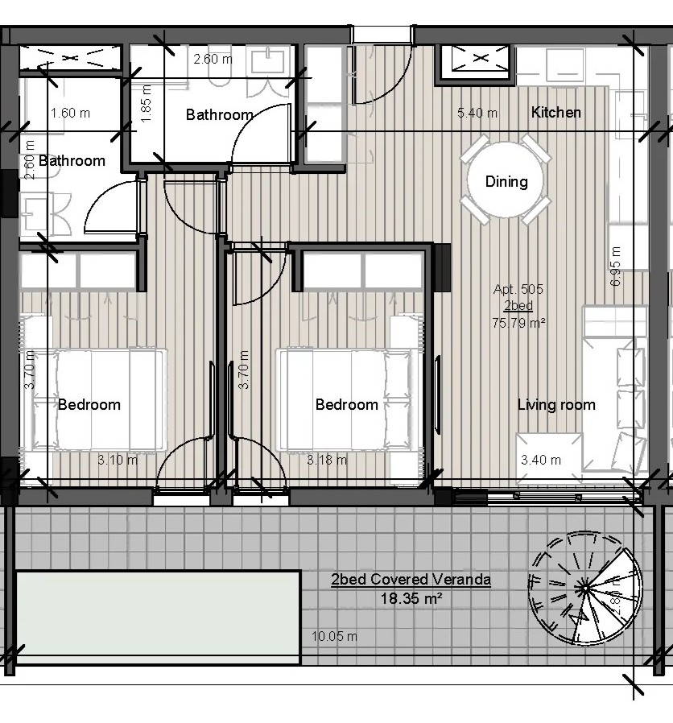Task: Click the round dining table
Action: (506, 180)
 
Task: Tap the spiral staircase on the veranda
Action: (585, 589)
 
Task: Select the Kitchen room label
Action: (556, 112)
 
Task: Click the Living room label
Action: (556, 405)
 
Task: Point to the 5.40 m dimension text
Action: (477, 113)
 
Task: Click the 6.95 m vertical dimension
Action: (615, 266)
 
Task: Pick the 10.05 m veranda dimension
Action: (334, 636)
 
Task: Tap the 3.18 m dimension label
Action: (327, 459)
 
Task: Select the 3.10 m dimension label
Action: (117, 460)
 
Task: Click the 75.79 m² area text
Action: (518, 323)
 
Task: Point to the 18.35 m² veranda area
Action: (411, 598)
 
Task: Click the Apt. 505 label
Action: (518, 289)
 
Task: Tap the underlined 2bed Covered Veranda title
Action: (411, 579)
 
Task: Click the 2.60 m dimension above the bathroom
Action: (213, 59)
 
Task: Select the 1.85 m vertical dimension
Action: (147, 104)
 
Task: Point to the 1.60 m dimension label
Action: (70, 113)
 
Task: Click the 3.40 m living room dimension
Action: (541, 460)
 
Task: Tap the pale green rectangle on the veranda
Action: (158, 618)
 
